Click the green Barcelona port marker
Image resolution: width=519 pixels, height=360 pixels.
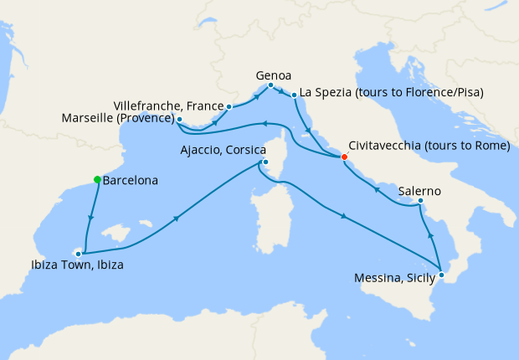coord(97,179)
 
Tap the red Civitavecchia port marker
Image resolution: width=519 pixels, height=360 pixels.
coord(344,156)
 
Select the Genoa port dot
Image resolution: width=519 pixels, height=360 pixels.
coord(270,85)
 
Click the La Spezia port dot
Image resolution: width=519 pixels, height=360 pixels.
coord(294,97)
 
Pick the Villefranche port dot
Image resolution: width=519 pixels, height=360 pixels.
coord(229,106)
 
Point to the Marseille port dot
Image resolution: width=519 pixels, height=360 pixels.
coord(180,120)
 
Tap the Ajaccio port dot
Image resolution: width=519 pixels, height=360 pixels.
coord(265,162)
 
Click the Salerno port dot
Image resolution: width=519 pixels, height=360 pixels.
coord(420,201)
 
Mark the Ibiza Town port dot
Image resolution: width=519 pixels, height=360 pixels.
coord(79,252)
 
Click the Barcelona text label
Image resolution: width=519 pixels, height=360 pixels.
coord(130,179)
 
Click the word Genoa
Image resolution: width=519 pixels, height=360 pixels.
coord(273,75)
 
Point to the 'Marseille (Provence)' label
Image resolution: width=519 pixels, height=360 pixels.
coord(117,120)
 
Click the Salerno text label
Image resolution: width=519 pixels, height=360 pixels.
coord(421,190)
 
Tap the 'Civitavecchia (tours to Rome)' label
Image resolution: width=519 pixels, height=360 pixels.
coord(428,145)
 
